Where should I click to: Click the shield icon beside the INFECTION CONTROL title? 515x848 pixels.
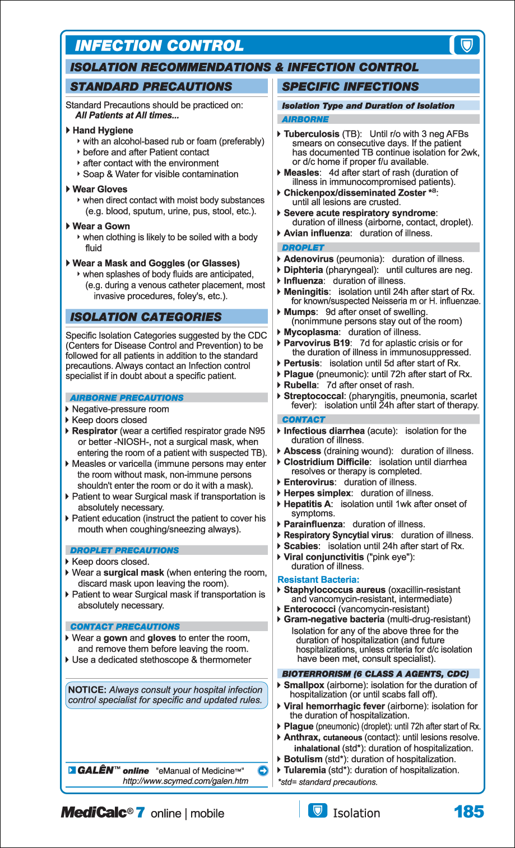pos(466,45)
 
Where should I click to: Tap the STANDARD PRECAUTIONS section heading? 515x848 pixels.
pos(151,87)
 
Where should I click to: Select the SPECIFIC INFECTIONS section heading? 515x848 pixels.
pos(350,87)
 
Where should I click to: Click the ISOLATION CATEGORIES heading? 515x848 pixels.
pos(146,317)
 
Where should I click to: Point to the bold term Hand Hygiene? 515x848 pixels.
pos(103,131)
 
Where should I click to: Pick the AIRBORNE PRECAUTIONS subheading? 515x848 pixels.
pos(127,398)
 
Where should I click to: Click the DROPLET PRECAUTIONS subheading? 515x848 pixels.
pos(124,550)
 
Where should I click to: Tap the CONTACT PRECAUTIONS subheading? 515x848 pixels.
pos(125,627)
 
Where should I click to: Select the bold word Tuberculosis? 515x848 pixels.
pos(312,134)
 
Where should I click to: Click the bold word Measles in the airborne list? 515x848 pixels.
pos(301,173)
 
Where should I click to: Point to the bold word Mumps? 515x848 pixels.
pos(299,312)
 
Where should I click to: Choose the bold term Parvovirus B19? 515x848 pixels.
pos(317,343)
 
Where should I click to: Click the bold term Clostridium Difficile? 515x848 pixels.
pos(327,462)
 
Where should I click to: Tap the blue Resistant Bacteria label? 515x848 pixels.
pos(318,580)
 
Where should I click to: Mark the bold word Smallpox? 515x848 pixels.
pos(304,685)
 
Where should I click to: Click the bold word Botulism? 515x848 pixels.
pos(303,759)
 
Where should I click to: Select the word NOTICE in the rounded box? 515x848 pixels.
pos(87,690)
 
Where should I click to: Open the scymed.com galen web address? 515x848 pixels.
pos(185,781)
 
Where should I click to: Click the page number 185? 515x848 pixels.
pos(468,812)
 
